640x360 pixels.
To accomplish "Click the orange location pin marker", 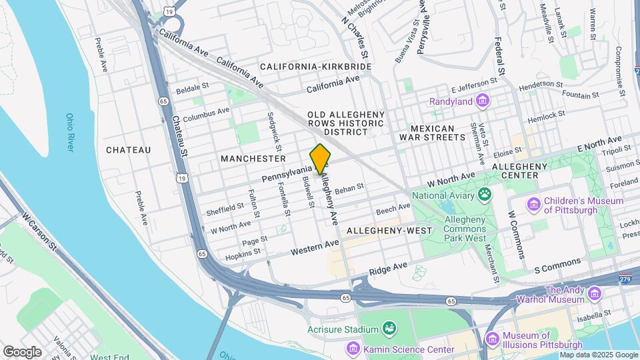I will [321, 159].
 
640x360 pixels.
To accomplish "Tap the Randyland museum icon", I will [483, 102].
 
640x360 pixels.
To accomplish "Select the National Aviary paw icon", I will [485, 195].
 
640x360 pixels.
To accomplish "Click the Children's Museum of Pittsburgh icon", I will [533, 205].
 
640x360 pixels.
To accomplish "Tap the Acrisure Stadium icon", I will [388, 329].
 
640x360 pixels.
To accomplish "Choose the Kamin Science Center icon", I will [353, 349].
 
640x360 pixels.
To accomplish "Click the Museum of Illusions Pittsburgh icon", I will [492, 339].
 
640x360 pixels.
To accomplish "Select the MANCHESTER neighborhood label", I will [253, 159].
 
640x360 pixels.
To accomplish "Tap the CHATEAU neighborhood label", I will [128, 150].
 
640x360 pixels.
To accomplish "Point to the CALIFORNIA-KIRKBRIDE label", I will [315, 67].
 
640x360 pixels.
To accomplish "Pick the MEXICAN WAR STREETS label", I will [437, 132].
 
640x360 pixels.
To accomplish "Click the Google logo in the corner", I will [22, 351].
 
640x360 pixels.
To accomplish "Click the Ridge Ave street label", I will [388, 269].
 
